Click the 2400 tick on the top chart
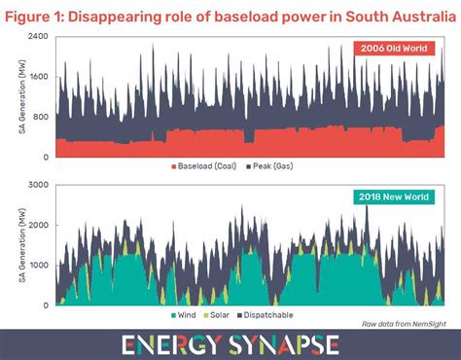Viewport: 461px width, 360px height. (x=38, y=35)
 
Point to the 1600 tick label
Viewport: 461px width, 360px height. (x=38, y=76)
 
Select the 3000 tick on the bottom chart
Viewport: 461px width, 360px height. (x=38, y=184)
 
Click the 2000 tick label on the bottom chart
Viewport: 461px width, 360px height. (x=38, y=225)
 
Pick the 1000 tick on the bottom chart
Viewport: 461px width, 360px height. (x=38, y=265)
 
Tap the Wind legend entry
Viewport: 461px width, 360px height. (x=185, y=315)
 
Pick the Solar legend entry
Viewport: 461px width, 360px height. (x=226, y=315)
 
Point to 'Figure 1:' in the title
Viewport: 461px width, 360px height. (x=38, y=13)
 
